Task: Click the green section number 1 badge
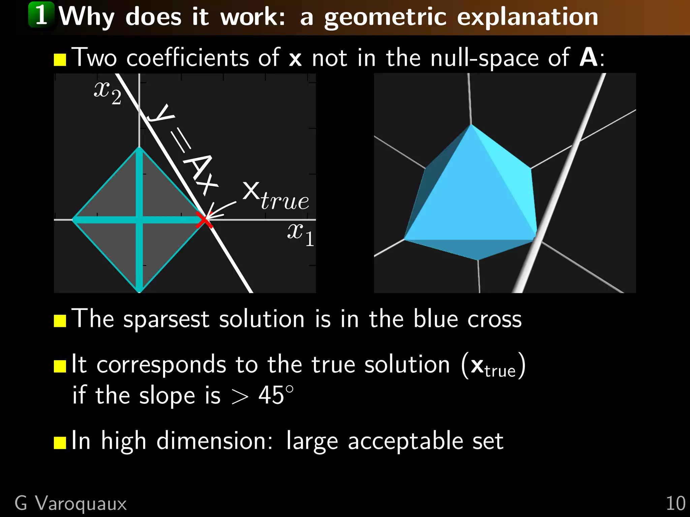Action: pos(41,15)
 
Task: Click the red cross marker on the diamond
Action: pos(204,220)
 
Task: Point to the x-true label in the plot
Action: pos(275,196)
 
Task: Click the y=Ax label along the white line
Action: pos(184,150)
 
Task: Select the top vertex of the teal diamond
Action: pos(139,148)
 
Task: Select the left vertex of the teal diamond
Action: pos(73,220)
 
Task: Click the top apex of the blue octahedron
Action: pos(471,125)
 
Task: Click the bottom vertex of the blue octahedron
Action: pos(477,260)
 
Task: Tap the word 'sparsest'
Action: pos(166,319)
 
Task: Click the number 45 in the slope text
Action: pos(271,395)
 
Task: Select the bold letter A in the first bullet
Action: pos(588,58)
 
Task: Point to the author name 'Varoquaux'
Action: pos(81,504)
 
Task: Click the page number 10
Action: pos(676,504)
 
